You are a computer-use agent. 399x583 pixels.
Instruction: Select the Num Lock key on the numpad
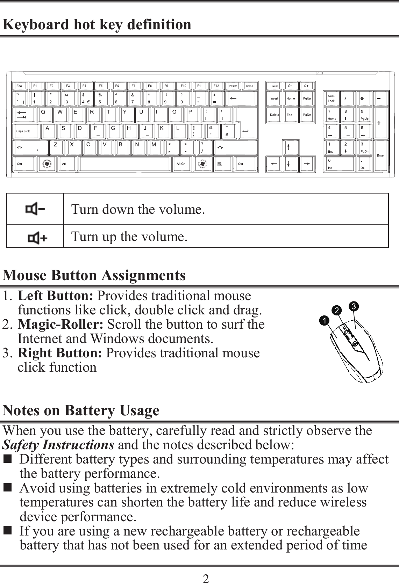[x=331, y=99]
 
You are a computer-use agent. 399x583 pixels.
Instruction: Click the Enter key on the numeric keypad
[x=380, y=156]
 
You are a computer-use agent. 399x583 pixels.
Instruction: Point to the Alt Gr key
[x=181, y=164]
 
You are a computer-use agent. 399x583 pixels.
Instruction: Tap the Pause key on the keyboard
[x=275, y=86]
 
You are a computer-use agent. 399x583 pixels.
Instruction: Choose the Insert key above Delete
[x=274, y=99]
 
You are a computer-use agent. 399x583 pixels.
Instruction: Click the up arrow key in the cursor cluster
[x=288, y=147]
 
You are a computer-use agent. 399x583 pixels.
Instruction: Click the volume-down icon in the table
[x=35, y=209]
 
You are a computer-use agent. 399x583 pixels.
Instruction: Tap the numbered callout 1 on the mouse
[x=326, y=320]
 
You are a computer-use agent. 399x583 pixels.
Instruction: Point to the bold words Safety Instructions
[x=58, y=445]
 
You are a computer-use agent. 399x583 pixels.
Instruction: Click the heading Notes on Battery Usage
[x=81, y=410]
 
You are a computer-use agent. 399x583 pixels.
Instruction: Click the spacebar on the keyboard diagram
[x=125, y=164]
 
